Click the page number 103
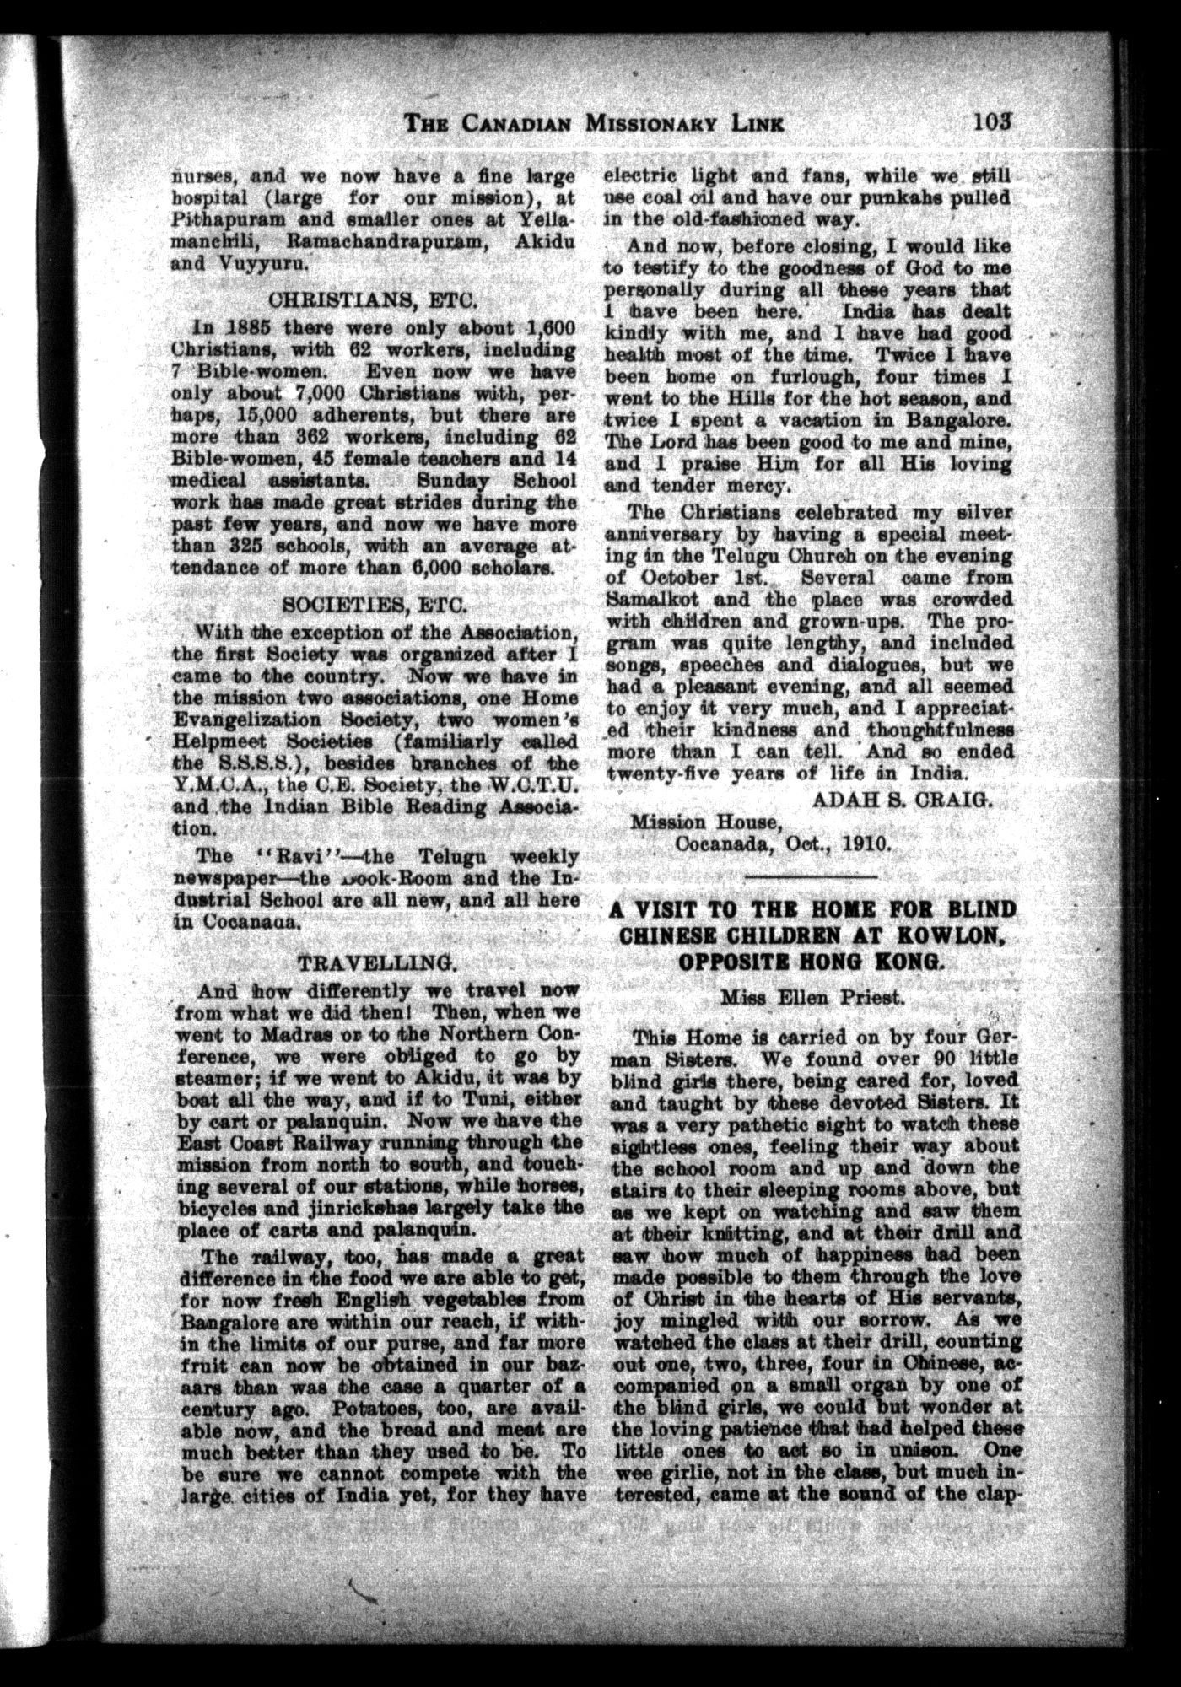[995, 120]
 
